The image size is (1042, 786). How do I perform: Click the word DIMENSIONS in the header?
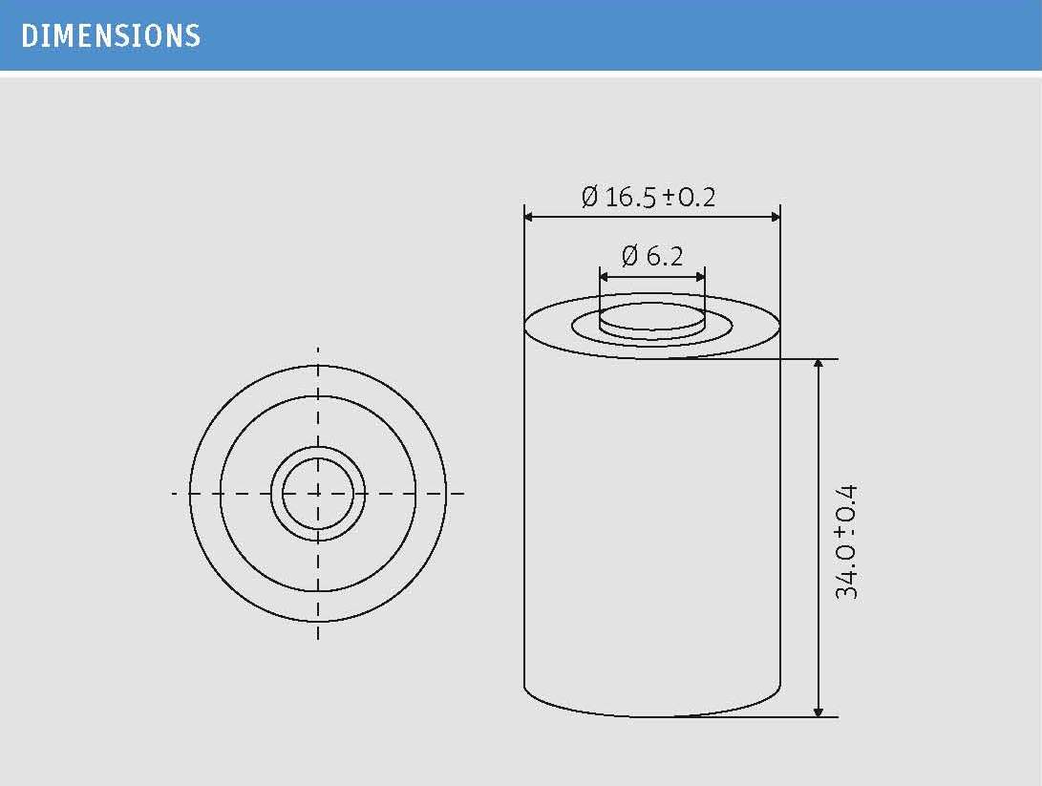coord(111,36)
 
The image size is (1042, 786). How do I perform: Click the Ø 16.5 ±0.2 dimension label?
coord(649,197)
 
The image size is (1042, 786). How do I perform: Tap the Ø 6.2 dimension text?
coord(652,255)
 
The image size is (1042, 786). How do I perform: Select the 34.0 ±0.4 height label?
coord(846,542)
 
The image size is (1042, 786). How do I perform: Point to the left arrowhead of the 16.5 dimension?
coord(529,217)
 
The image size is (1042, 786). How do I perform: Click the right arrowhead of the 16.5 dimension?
coord(776,217)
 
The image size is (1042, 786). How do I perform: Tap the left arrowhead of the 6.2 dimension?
coord(604,276)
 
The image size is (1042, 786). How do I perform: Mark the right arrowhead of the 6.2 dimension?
coord(700,276)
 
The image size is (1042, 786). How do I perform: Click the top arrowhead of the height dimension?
coord(819,364)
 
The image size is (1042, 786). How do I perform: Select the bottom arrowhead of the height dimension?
coord(819,712)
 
